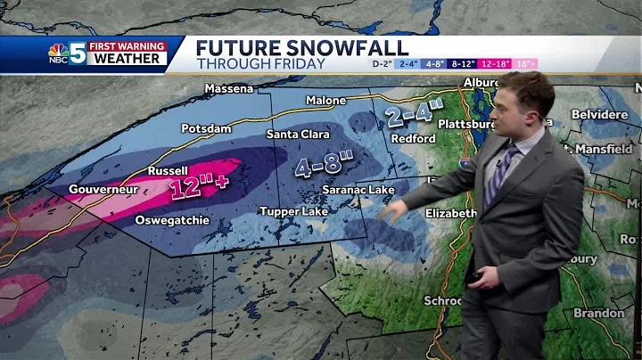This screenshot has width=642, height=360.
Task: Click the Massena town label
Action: tap(230, 88)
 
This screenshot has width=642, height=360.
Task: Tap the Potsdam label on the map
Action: tap(207, 128)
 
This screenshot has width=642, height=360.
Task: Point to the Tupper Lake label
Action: tap(293, 211)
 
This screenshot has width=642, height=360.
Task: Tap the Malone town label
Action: tap(325, 101)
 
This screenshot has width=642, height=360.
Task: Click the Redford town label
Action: tap(413, 139)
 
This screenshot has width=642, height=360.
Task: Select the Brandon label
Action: tap(598, 314)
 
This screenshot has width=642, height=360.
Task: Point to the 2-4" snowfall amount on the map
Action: tap(415, 115)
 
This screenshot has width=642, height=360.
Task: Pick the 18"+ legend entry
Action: tap(525, 64)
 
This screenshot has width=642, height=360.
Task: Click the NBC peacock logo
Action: tap(58, 52)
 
